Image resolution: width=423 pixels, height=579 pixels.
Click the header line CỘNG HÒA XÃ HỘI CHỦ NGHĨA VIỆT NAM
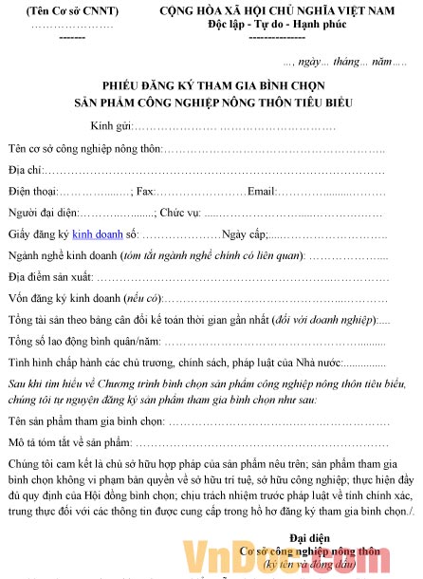276,10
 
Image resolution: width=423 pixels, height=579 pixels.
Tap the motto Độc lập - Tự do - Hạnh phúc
276,24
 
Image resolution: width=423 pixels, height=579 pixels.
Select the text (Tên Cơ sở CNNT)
71,10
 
